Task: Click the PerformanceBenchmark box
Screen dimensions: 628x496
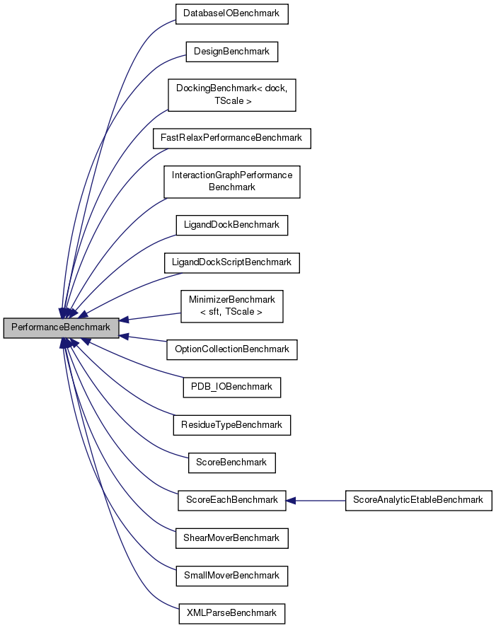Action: pyautogui.click(x=61, y=327)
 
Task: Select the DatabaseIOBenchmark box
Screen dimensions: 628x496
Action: pyautogui.click(x=232, y=13)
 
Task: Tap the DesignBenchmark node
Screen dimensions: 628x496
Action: pyautogui.click(x=232, y=52)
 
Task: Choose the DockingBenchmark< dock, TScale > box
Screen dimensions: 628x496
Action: pyautogui.click(x=232, y=95)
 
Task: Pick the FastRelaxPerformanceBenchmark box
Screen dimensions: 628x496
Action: pyautogui.click(x=232, y=138)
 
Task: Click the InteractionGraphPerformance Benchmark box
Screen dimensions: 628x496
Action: pyautogui.click(x=232, y=181)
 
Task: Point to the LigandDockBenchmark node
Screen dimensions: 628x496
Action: pyautogui.click(x=232, y=225)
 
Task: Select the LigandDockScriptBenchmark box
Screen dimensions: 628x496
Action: pyautogui.click(x=232, y=262)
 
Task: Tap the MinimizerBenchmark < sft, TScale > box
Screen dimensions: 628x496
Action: pyautogui.click(x=232, y=306)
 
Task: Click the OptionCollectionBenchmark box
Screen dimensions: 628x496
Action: pyautogui.click(x=232, y=349)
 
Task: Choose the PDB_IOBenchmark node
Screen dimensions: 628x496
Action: pyautogui.click(x=232, y=387)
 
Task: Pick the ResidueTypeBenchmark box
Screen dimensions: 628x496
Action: pyautogui.click(x=232, y=425)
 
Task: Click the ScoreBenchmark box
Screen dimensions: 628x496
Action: pyautogui.click(x=232, y=463)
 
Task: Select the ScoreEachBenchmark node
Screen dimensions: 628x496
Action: pyautogui.click(x=232, y=500)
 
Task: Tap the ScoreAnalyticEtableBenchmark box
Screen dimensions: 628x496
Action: pyautogui.click(x=418, y=500)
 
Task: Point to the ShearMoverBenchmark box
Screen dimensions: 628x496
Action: pyautogui.click(x=232, y=538)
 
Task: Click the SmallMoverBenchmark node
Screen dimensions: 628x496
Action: pyautogui.click(x=232, y=576)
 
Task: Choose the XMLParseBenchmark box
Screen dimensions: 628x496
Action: pyautogui.click(x=232, y=613)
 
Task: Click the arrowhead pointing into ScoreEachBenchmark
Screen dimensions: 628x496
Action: pyautogui.click(x=291, y=500)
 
